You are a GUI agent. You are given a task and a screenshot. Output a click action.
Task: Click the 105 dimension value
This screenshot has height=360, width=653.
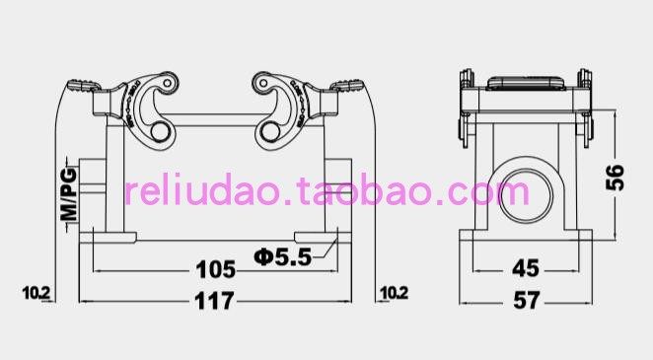[x=215, y=269]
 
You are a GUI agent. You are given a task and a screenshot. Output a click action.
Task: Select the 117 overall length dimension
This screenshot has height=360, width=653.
[x=214, y=301]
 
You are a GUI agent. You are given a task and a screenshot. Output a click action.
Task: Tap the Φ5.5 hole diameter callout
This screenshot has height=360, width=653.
[x=283, y=256]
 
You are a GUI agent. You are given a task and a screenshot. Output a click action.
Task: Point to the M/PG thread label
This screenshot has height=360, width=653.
[x=69, y=194]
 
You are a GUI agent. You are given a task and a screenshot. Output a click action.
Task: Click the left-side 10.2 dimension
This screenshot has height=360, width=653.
[x=36, y=293]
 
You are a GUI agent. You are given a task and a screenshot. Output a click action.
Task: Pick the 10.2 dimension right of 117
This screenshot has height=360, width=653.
[x=394, y=293]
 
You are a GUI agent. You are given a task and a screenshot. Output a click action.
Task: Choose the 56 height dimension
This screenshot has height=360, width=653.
[x=616, y=178]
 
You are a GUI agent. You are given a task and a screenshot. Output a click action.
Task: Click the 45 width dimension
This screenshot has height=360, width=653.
[x=526, y=268]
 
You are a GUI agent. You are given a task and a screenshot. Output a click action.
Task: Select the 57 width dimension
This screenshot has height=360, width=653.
[x=527, y=300]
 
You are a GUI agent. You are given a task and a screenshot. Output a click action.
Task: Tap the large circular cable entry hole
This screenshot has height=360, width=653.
[x=527, y=195]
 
